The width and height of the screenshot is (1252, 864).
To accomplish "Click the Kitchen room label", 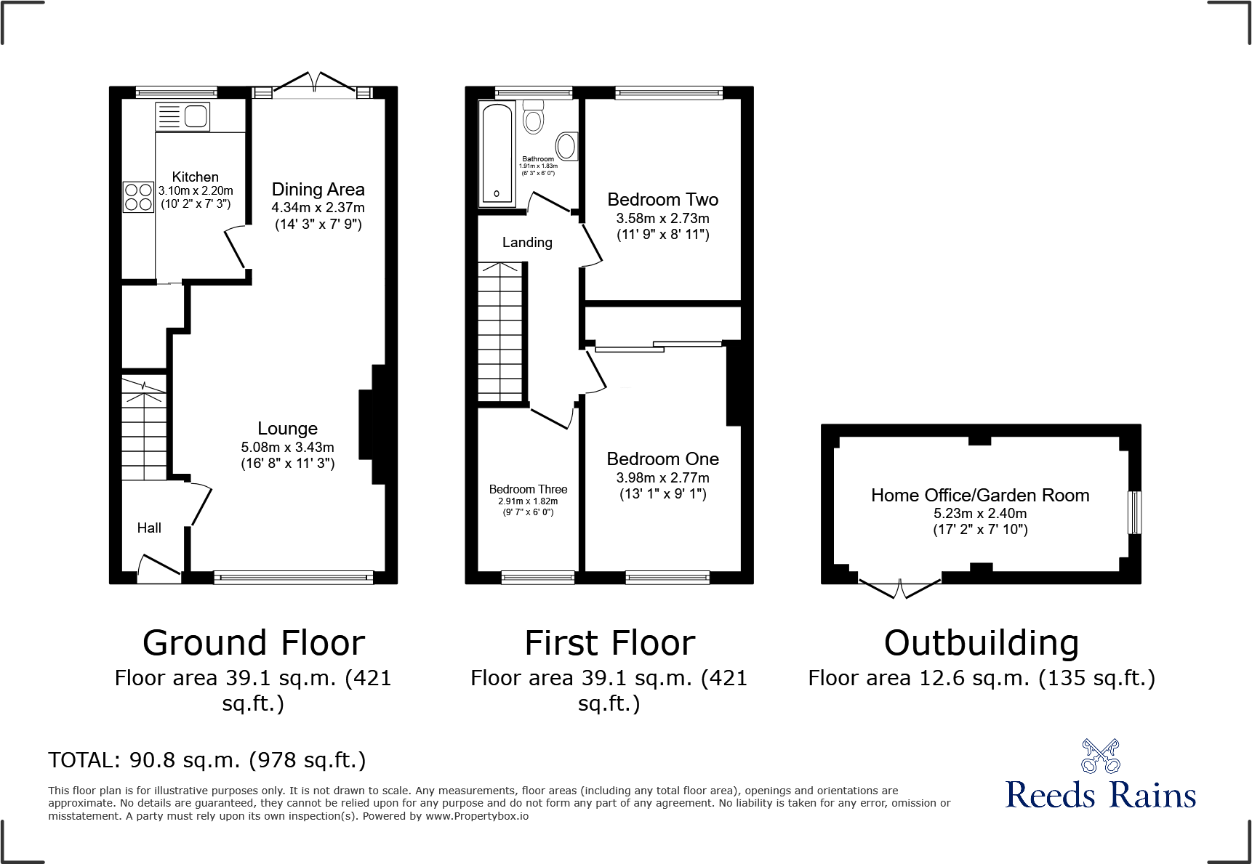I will point(195,177).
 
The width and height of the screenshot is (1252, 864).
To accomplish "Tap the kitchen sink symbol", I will point(183,117).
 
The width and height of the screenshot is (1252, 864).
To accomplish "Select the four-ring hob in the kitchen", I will point(138,197).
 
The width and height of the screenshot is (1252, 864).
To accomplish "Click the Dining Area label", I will point(318,190).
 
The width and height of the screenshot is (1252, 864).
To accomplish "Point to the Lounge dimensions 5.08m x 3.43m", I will point(287,448).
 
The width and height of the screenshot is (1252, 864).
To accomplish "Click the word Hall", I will point(149,528).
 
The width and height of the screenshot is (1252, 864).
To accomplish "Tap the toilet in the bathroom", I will point(533,117).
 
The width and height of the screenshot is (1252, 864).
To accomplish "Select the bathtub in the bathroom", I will point(497,154).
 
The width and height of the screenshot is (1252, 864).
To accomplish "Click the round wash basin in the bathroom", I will point(566,146).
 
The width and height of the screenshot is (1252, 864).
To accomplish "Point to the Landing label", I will point(527,243).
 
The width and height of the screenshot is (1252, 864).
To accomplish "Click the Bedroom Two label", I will point(662,200).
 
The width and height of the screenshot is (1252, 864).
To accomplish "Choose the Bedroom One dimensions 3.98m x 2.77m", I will point(662,478).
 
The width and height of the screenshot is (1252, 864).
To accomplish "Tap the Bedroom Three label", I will point(528,489).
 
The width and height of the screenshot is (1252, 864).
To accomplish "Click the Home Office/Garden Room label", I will point(980,496).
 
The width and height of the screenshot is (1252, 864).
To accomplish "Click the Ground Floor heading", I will point(253,644).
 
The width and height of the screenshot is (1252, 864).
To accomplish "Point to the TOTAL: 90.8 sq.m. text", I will point(206,760).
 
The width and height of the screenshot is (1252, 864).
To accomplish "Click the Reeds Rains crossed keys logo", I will point(1100,756).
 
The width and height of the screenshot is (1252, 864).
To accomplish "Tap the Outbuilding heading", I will point(981,644).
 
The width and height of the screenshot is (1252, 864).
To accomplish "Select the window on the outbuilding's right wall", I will point(1133,512).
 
